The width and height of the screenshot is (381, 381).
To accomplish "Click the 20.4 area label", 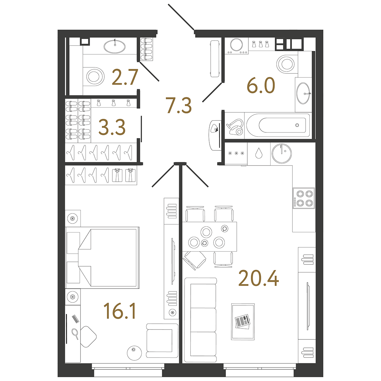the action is pos(259,279).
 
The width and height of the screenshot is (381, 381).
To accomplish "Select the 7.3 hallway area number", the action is pos(179,105).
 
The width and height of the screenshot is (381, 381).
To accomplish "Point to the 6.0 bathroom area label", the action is pos(261,85).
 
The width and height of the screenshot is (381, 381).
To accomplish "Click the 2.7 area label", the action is pos(125,77).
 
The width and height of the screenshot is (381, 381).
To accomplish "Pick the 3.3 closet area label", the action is pos(112,127).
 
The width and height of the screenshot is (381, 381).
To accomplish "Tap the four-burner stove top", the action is pos(304,198).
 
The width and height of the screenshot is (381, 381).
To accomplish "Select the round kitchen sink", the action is pos(281,154).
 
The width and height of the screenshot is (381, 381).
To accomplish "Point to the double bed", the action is pos(102,258).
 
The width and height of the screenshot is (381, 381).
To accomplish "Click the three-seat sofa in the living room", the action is pos(200,320).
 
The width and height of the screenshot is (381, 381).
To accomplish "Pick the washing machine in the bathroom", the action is pos(236,46).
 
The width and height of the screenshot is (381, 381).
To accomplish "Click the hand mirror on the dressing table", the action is pos(75,333).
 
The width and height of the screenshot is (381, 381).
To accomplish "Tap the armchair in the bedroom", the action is pos(162,340).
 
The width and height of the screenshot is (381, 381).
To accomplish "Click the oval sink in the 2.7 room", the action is pos(115,46).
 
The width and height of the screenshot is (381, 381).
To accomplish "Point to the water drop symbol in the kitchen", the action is pos(259,153).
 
